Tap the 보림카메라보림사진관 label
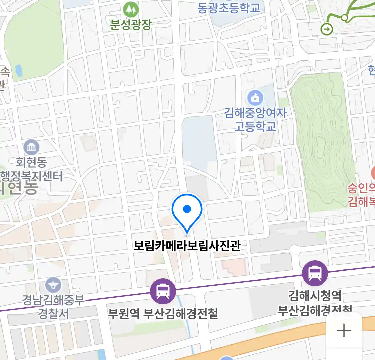[x=187, y=246]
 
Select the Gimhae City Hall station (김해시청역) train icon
[x=315, y=273]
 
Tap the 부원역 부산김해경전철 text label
[x=163, y=313]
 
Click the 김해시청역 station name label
[x=315, y=295]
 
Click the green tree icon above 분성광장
[x=131, y=10]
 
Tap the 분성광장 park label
[x=131, y=25]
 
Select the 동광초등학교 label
[x=229, y=7]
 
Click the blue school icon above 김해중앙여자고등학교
[x=255, y=98]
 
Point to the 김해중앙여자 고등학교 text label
[x=255, y=119]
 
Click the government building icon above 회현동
[x=31, y=147]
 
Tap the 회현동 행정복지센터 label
[x=31, y=169]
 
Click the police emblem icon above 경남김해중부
[x=53, y=285]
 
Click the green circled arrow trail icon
[x=327, y=29]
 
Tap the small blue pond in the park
[x=18, y=70]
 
